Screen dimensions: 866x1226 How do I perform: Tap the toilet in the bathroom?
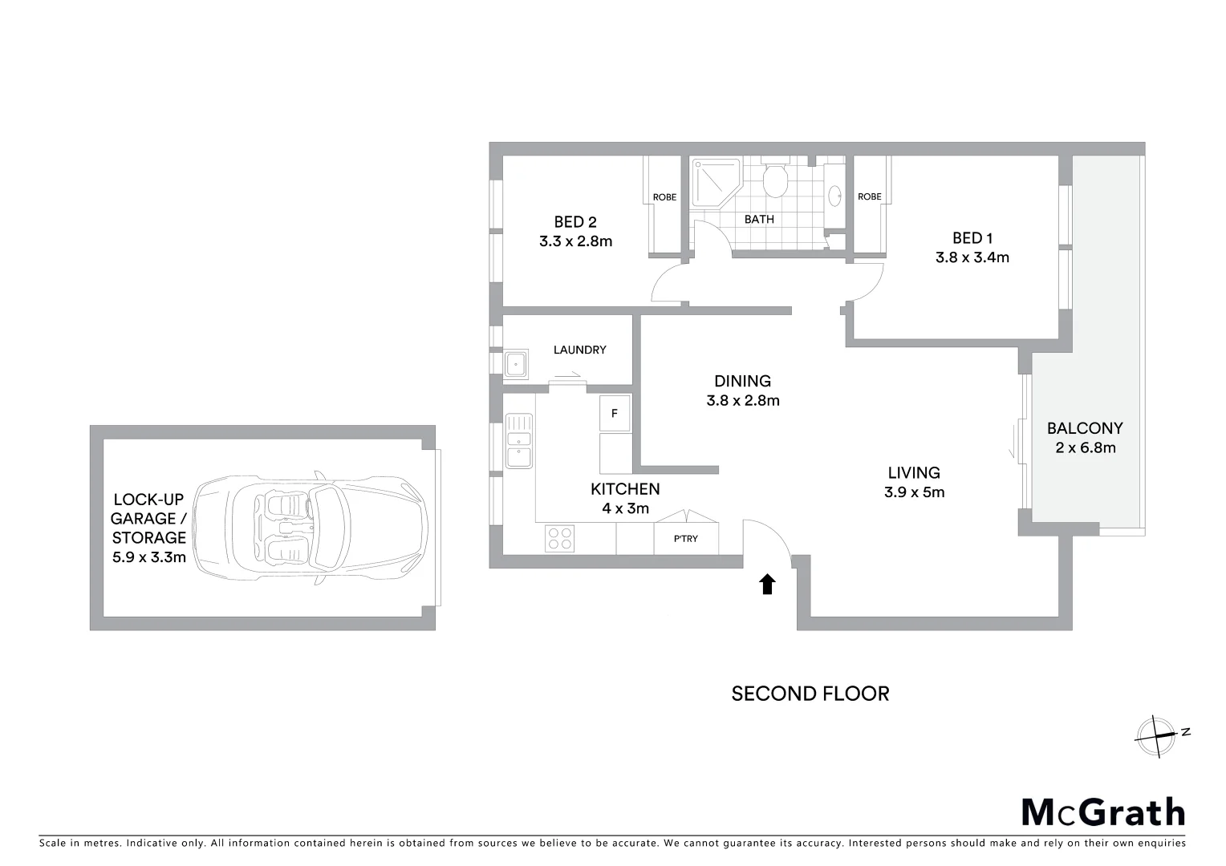pos(775,181)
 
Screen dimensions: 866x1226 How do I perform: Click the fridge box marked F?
pos(615,413)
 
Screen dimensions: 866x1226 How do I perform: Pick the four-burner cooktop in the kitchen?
pos(559,537)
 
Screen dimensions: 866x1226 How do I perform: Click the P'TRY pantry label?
pos(686,539)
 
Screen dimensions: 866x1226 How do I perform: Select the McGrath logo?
pos(1102,812)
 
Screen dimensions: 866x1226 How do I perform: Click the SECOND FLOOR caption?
pos(810,694)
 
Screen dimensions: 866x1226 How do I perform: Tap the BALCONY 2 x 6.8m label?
pos(1085,438)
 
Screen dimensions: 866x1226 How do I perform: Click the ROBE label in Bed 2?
pos(664,197)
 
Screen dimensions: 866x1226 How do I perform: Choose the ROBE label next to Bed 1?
pos(869,196)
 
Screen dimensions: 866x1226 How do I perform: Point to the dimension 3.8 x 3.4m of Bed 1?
pos(972,257)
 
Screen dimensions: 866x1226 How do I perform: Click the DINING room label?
pos(742,382)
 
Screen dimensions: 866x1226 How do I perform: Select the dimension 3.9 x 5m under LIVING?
pos(914,492)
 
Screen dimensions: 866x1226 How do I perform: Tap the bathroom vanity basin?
pos(834,192)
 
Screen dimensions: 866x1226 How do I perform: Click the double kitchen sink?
pos(519,440)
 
